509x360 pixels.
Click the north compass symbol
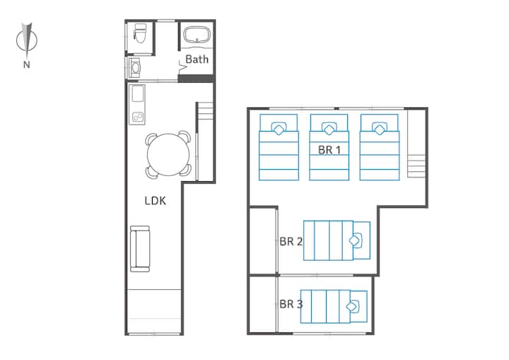27,40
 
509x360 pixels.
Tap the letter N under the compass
27,64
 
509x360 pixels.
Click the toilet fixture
140,33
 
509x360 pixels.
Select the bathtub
197,35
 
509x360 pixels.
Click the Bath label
197,59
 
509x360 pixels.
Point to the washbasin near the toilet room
134,68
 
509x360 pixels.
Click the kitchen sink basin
138,94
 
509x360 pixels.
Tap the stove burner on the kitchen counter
138,117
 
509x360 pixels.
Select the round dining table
168,154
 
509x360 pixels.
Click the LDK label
155,201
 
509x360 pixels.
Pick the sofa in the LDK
140,249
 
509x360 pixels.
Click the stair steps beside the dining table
206,111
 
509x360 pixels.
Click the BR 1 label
329,150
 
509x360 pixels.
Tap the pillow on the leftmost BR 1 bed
279,129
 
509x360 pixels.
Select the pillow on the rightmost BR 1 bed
380,129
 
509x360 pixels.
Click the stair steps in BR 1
416,166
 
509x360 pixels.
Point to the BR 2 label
291,241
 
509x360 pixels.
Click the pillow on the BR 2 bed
356,240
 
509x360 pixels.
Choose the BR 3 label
291,304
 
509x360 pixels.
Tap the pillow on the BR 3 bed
353,306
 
